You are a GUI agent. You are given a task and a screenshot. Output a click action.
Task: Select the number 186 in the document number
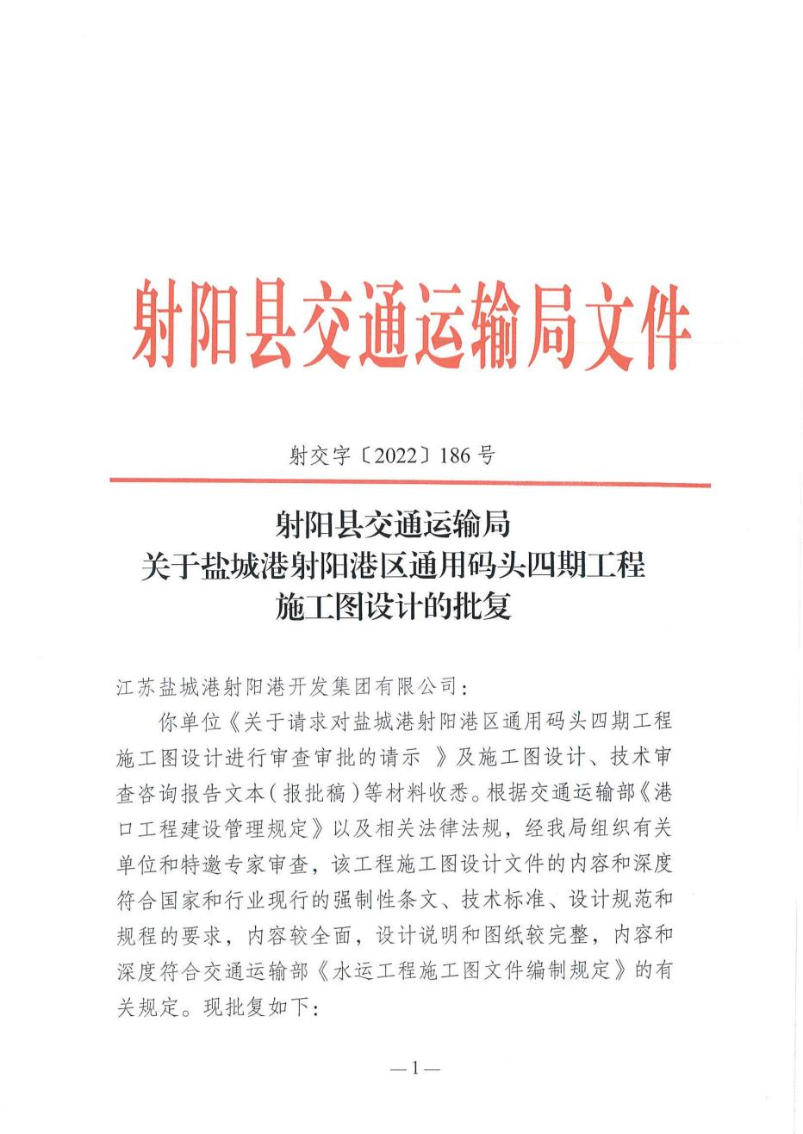455,455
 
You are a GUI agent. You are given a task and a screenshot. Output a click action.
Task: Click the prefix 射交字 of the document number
320,455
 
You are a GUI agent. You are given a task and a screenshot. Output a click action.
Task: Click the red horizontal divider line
410,483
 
